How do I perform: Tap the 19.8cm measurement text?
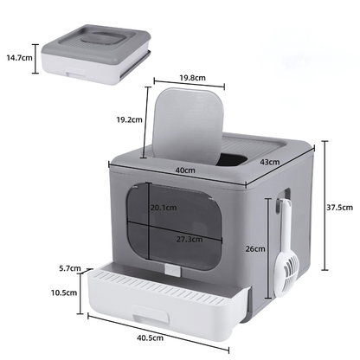(192, 77)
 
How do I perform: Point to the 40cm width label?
(183, 170)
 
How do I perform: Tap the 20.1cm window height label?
(163, 207)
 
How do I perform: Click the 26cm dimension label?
(255, 248)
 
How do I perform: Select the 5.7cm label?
(60, 269)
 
